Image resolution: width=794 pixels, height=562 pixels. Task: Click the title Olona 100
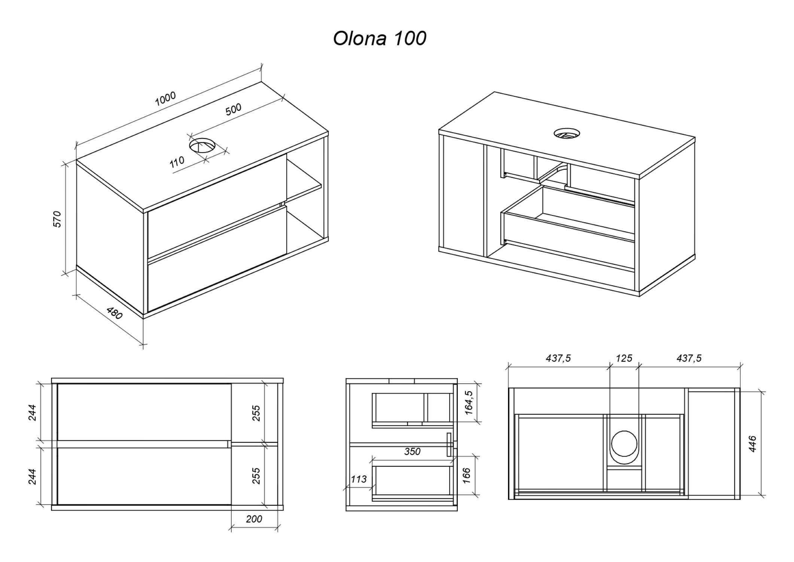point(380,39)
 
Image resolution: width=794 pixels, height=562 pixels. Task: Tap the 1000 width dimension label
point(165,98)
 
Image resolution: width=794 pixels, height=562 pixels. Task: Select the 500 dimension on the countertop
point(233,109)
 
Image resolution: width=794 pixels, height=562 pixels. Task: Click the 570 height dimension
point(57,219)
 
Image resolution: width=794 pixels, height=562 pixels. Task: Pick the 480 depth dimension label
point(115,313)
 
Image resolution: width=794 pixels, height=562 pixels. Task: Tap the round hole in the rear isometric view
point(567,133)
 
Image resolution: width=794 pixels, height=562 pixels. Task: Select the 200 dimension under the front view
point(254,519)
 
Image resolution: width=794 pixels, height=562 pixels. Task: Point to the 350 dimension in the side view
point(412,451)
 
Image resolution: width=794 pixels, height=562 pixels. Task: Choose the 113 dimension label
point(359,479)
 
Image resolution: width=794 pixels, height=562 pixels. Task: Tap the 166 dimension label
point(466,476)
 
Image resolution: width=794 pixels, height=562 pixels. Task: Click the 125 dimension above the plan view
point(624,358)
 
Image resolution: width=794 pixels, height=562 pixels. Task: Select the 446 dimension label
point(752,444)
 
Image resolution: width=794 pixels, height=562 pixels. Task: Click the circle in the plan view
point(624,444)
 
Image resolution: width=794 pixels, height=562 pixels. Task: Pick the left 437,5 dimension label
point(558,359)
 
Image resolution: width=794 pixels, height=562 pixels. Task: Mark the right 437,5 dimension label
point(689,359)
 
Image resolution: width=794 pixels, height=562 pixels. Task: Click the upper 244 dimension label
point(33,413)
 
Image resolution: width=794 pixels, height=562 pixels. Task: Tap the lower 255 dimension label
point(256,476)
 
